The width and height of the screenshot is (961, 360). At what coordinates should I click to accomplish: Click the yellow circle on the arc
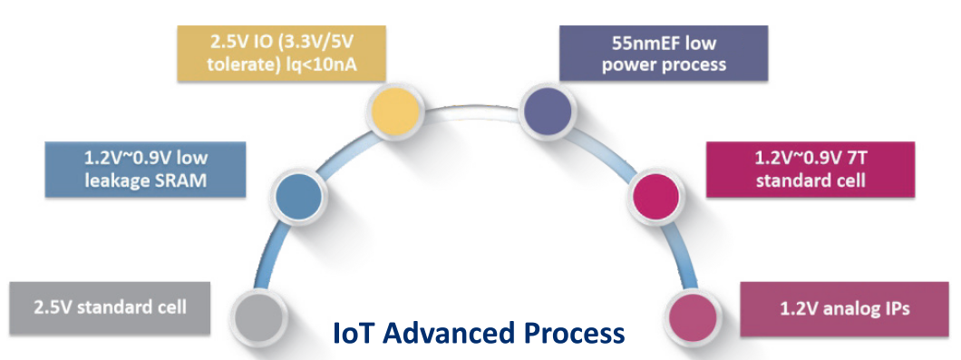[397, 110]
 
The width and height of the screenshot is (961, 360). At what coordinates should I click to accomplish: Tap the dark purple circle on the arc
[548, 111]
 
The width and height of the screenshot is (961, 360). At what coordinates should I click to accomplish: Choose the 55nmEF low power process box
[663, 54]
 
